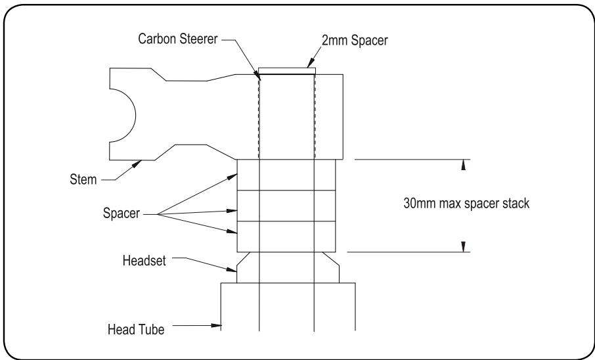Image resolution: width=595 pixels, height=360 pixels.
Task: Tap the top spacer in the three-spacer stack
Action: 287,175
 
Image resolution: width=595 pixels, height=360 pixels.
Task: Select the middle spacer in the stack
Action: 287,206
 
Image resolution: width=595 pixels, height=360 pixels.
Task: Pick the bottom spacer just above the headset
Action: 287,237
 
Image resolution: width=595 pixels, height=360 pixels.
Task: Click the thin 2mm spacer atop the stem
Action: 287,70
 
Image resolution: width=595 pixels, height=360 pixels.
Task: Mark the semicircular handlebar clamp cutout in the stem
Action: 123,116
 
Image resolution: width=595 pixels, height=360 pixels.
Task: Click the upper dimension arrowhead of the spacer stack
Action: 464,164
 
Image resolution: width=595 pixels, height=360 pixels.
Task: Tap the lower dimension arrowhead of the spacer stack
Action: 464,247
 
